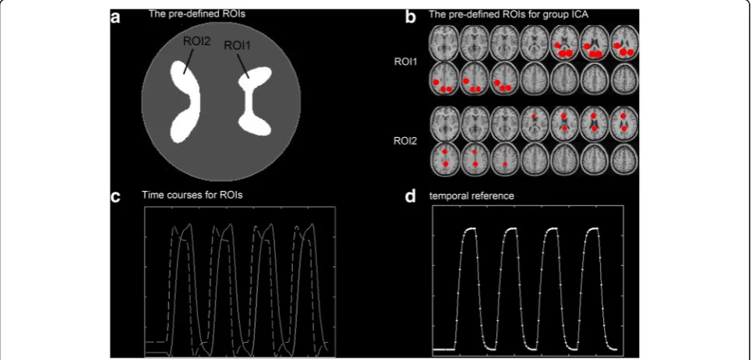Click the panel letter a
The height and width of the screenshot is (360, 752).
pos(115,17)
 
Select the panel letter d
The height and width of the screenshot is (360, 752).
pos(411,196)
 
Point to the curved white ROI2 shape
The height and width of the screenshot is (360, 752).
pos(185,101)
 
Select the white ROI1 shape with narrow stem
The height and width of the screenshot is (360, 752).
pos(255,101)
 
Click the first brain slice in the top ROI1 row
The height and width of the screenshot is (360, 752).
pos(443,42)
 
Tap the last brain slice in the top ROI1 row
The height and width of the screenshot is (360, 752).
pos(624,42)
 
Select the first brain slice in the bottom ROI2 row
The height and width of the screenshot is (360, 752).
pos(443,159)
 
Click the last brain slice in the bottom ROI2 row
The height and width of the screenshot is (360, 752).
pos(624,159)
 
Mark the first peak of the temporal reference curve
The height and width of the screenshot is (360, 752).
pos(470,229)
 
